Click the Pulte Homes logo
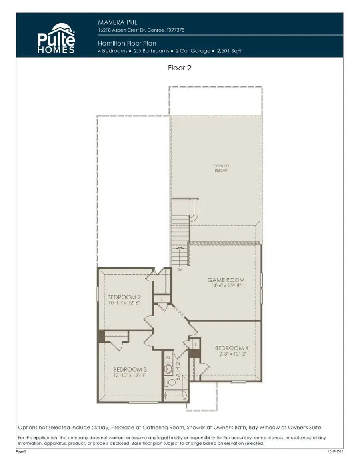point(56,39)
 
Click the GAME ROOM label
point(226,280)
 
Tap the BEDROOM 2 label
point(124,297)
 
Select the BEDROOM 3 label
point(130,369)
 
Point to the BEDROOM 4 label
point(232,348)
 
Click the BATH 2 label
point(178,371)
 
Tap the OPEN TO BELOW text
point(221,168)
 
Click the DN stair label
point(180,269)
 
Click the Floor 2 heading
point(180,68)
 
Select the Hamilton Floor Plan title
point(127,44)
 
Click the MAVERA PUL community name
point(118,22)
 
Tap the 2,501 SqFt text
point(229,51)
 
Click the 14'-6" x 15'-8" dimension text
point(226,286)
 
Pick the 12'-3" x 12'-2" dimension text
point(232,354)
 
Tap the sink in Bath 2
point(169,369)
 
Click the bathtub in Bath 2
point(176,396)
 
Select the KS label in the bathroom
point(168,358)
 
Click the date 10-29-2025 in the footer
point(336,452)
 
